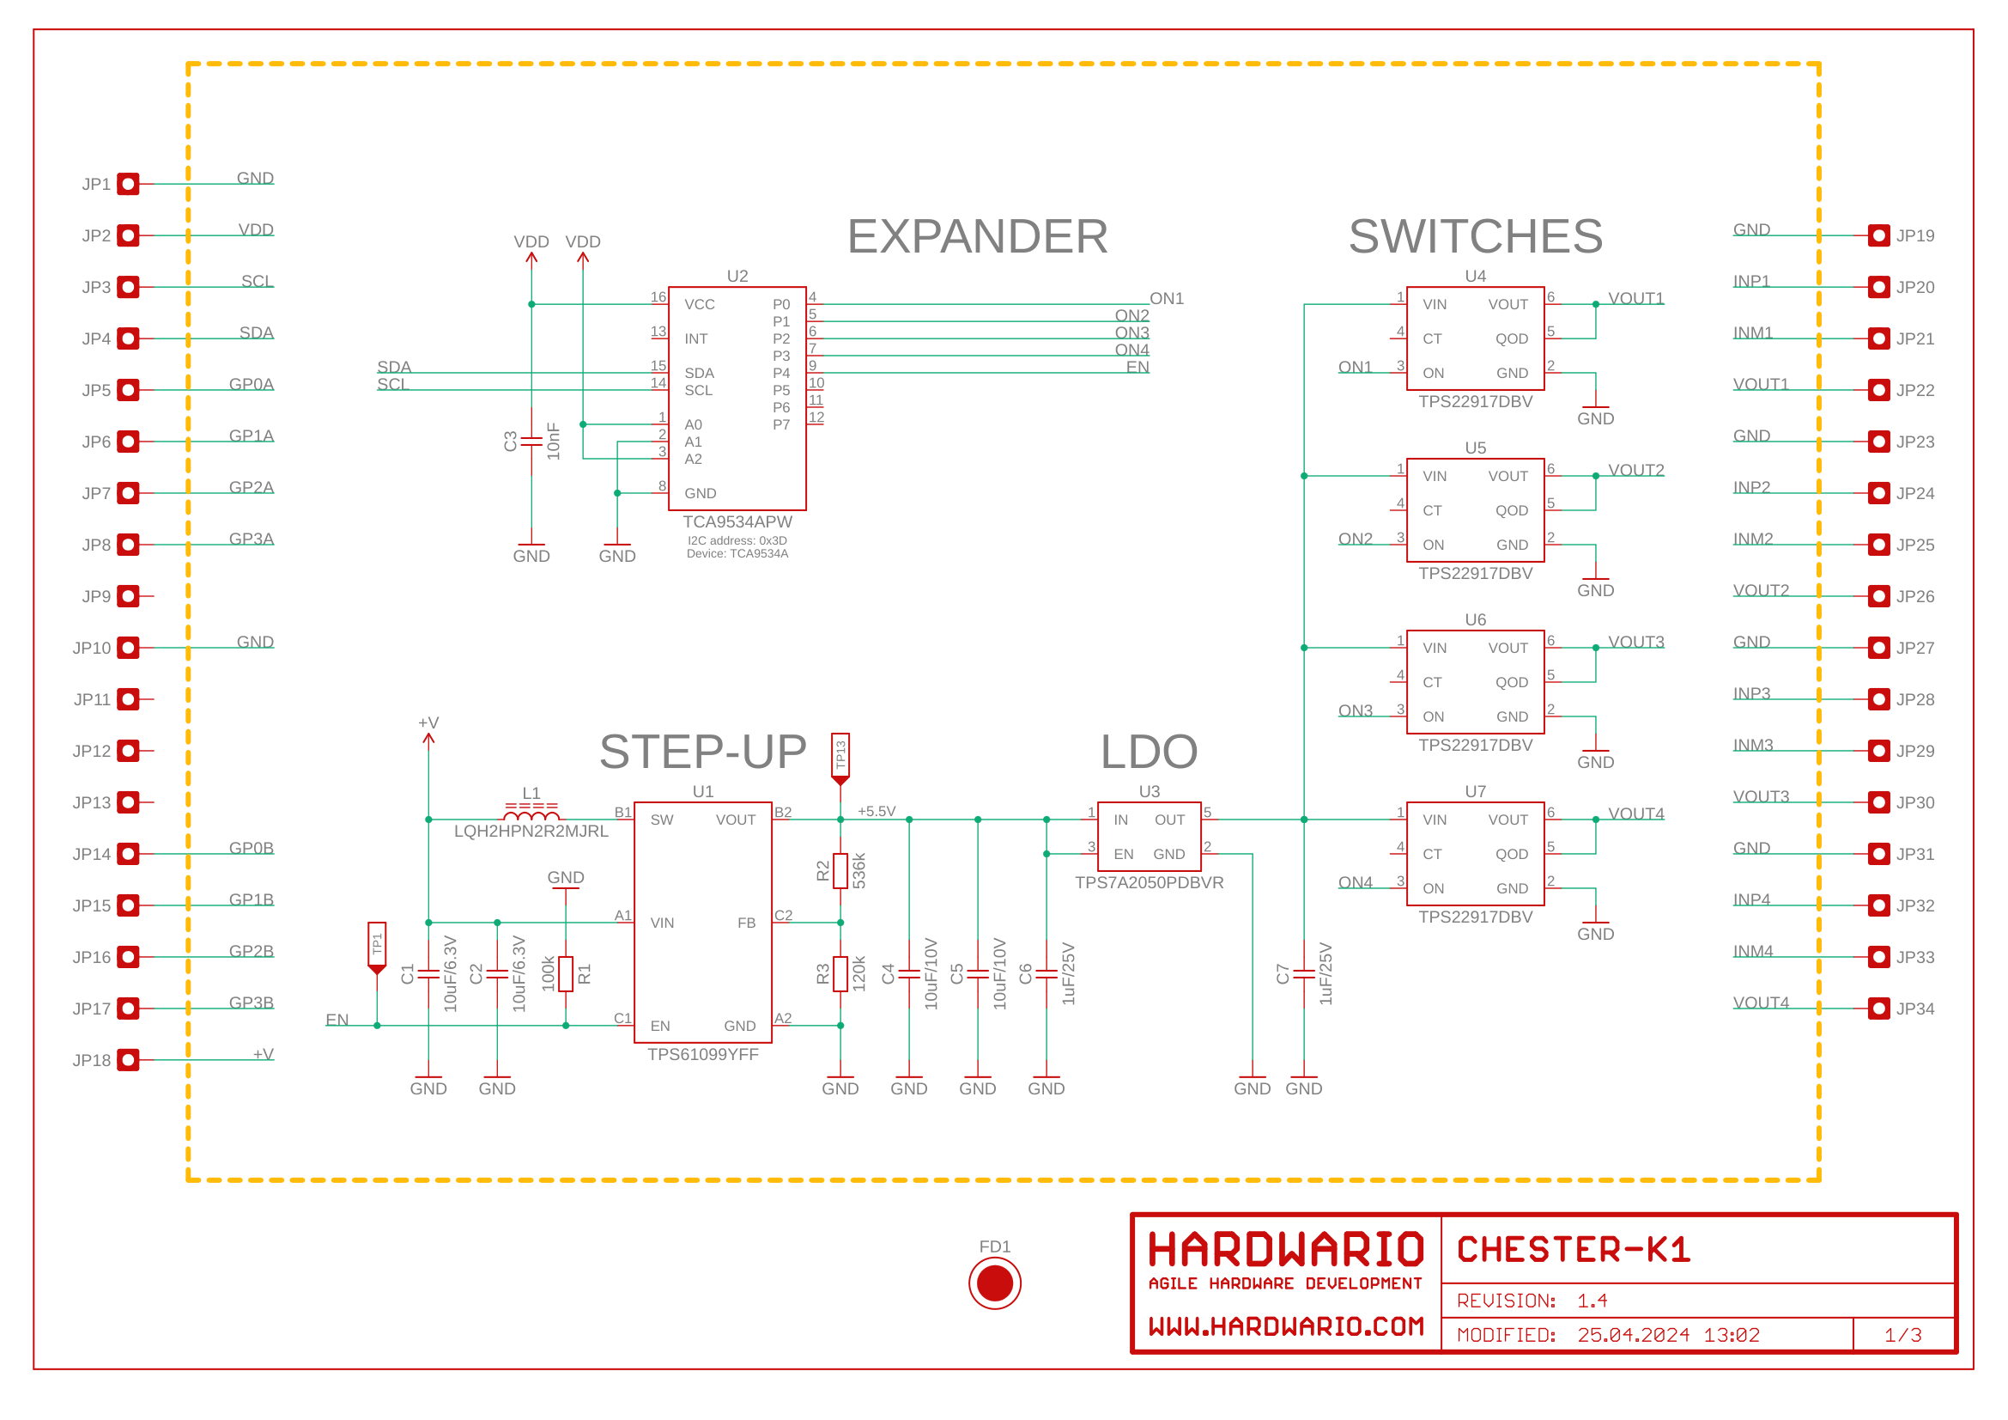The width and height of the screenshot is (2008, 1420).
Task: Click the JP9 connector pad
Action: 129,596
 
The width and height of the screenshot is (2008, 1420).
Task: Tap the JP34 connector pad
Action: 1878,1008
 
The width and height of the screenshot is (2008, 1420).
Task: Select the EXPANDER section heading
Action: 977,236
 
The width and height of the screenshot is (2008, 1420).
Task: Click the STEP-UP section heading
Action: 702,752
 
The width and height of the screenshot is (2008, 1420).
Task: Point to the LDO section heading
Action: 1149,752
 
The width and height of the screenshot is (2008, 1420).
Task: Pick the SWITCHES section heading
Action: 1476,236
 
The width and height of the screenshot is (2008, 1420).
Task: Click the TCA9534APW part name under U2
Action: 737,521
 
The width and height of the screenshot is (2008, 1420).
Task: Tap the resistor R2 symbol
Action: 840,870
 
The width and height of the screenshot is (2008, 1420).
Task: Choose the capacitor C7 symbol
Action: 1304,973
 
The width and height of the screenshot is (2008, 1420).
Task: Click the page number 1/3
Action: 1903,1335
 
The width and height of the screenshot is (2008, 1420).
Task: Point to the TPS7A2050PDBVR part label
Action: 1149,883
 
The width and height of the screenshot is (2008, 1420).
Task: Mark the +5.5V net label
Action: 877,811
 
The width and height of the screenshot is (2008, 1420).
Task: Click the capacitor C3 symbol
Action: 531,441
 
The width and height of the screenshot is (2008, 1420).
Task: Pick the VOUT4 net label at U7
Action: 1635,814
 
